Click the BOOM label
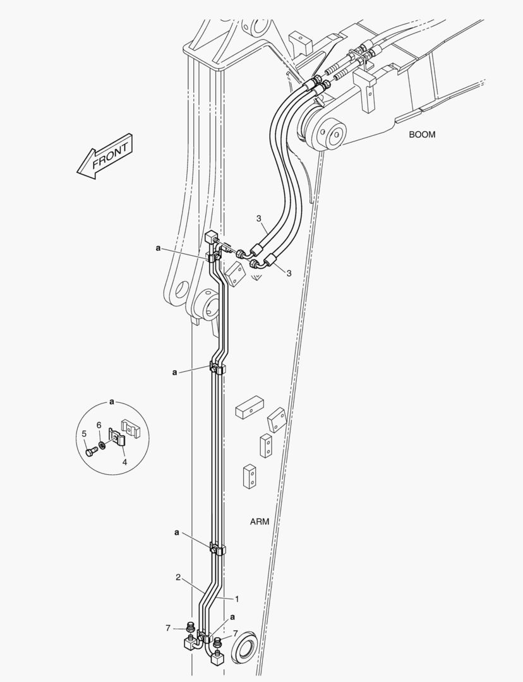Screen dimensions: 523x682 421,135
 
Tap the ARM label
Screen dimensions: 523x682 260,522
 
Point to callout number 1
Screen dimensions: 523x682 237,599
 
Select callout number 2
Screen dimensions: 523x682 178,577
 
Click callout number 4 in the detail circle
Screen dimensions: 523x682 124,462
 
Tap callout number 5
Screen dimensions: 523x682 85,433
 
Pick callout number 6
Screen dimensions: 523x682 99,424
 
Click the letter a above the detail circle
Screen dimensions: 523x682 112,402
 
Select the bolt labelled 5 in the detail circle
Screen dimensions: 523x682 91,452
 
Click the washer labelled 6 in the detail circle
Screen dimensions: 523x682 102,445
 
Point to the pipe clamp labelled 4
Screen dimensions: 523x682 117,437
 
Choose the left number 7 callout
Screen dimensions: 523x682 167,628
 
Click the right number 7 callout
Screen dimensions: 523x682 236,633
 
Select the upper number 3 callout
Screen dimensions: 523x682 258,218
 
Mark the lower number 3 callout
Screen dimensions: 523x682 289,273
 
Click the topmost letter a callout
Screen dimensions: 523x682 158,248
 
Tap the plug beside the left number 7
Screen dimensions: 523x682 189,628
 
